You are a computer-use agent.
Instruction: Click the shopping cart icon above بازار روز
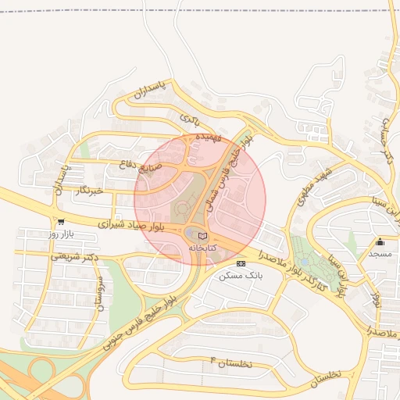[x=61, y=221]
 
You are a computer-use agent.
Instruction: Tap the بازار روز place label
[x=60, y=234]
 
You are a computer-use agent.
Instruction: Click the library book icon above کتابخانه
[x=203, y=235]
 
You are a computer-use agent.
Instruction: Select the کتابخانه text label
[x=202, y=248]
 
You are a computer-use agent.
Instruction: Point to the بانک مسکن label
[x=241, y=276]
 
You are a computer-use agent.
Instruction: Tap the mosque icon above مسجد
[x=380, y=241]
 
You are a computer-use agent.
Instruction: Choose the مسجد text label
[x=380, y=254]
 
